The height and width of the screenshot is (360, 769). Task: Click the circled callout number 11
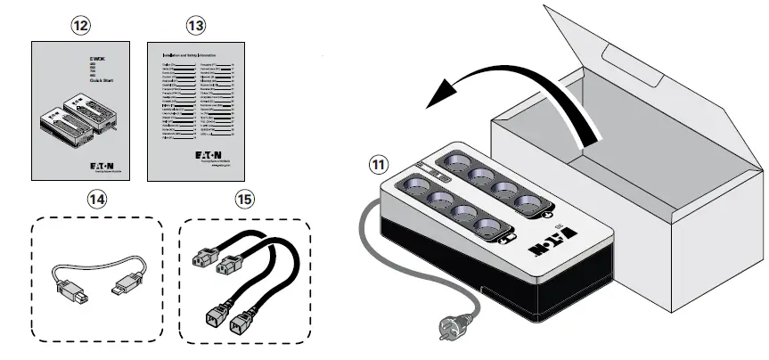coord(380,165)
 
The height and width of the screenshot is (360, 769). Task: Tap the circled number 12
coord(81,26)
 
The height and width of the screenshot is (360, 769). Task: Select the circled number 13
coord(195,26)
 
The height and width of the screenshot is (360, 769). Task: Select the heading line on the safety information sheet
coord(194,54)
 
